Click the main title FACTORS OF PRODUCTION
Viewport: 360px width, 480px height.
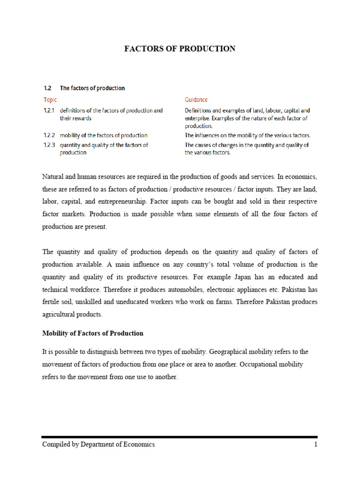[180, 49]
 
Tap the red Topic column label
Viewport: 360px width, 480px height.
[50, 100]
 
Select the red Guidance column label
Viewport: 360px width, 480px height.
[196, 100]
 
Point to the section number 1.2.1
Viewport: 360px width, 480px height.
[49, 111]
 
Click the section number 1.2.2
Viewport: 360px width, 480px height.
[49, 135]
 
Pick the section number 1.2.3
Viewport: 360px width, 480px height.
[49, 145]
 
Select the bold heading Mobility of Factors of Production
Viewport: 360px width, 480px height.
[93, 333]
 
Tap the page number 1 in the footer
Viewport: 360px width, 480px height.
[315, 444]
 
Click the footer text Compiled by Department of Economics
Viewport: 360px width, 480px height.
[98, 444]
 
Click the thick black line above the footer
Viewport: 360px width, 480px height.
[180, 437]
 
